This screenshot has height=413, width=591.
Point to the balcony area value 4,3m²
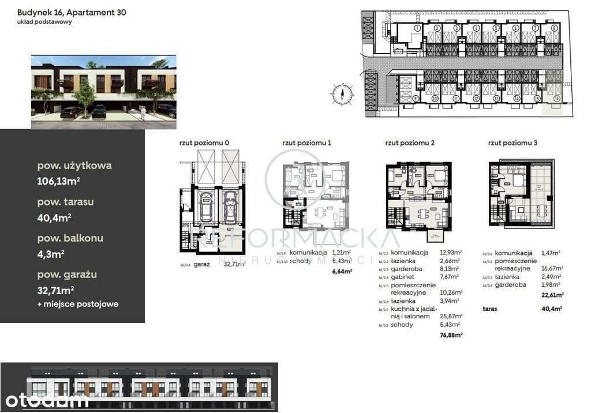tap(51, 253)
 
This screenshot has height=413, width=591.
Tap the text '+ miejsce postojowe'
tap(77, 304)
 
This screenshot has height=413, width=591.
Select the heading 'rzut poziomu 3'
tap(513, 142)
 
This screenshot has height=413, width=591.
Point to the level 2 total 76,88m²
tap(450, 335)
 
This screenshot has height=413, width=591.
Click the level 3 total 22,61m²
tap(552, 294)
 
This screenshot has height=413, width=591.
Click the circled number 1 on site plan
tap(417, 28)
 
